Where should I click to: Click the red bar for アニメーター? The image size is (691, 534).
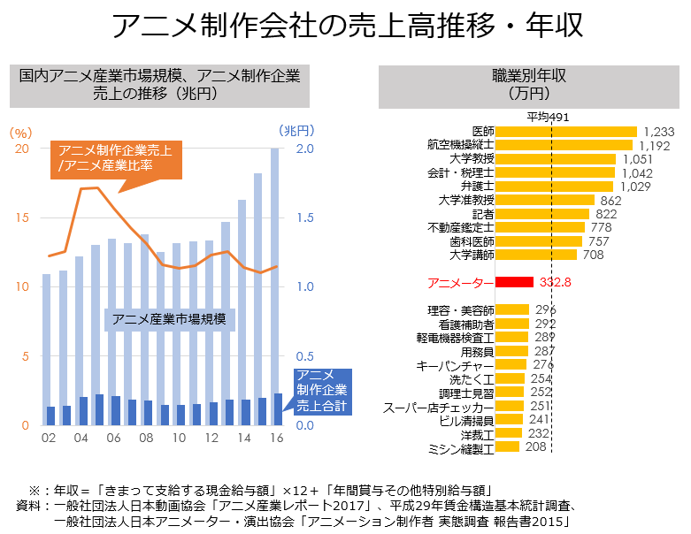514,282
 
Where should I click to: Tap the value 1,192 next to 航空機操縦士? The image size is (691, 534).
656,145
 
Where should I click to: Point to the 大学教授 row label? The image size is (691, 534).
472,159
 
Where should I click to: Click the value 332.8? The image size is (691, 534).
555,282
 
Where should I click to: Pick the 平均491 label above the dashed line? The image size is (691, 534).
547,117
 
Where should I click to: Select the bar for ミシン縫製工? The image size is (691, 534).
508,447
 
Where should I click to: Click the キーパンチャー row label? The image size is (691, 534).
455,365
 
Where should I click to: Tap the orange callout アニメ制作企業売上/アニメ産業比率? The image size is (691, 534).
115,157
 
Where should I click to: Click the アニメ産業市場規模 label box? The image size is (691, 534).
169,318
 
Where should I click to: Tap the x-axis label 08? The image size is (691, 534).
147,439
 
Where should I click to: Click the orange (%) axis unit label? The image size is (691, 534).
19,130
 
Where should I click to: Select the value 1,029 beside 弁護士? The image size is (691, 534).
634,187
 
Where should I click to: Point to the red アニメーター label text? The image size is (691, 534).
459,283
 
